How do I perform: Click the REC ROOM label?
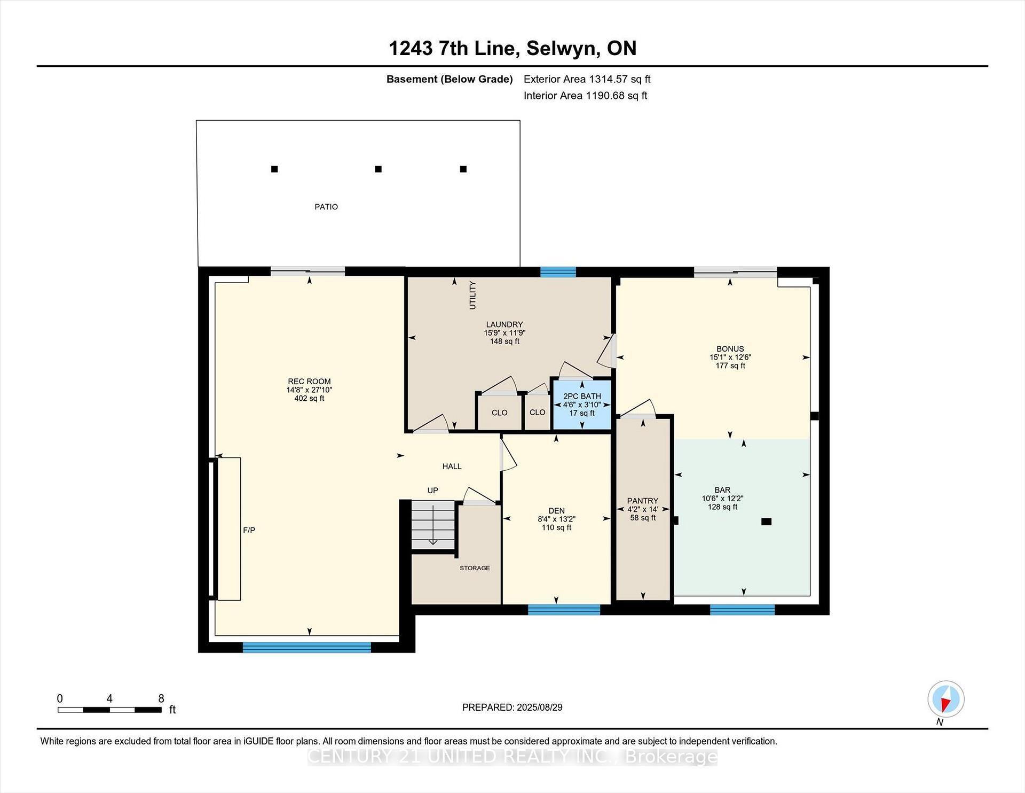point(309,382)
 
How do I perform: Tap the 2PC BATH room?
point(582,405)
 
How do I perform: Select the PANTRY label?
point(643,501)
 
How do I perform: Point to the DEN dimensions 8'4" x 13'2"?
point(556,519)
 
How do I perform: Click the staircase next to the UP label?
point(432,525)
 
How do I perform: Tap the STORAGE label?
point(475,568)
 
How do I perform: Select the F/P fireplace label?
point(249,530)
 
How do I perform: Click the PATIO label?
point(326,207)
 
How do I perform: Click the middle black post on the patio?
point(378,169)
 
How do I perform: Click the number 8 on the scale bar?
point(161,698)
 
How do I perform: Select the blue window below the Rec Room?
point(306,647)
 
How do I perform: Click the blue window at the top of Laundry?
point(558,272)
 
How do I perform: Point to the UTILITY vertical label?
point(472,295)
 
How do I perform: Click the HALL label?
point(452,467)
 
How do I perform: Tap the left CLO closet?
point(499,413)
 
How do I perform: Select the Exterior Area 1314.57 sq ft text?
point(587,79)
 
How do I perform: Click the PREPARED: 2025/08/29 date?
point(512,708)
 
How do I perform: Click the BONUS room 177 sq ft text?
point(730,366)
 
